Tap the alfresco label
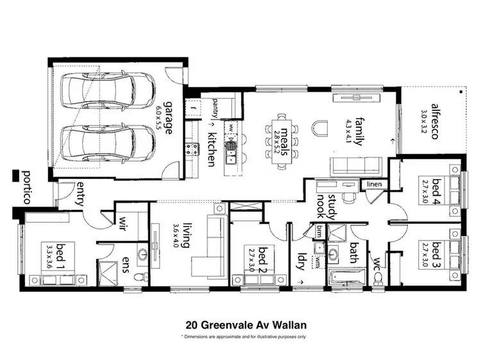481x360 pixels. (x=435, y=120)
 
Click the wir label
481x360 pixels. (x=121, y=222)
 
